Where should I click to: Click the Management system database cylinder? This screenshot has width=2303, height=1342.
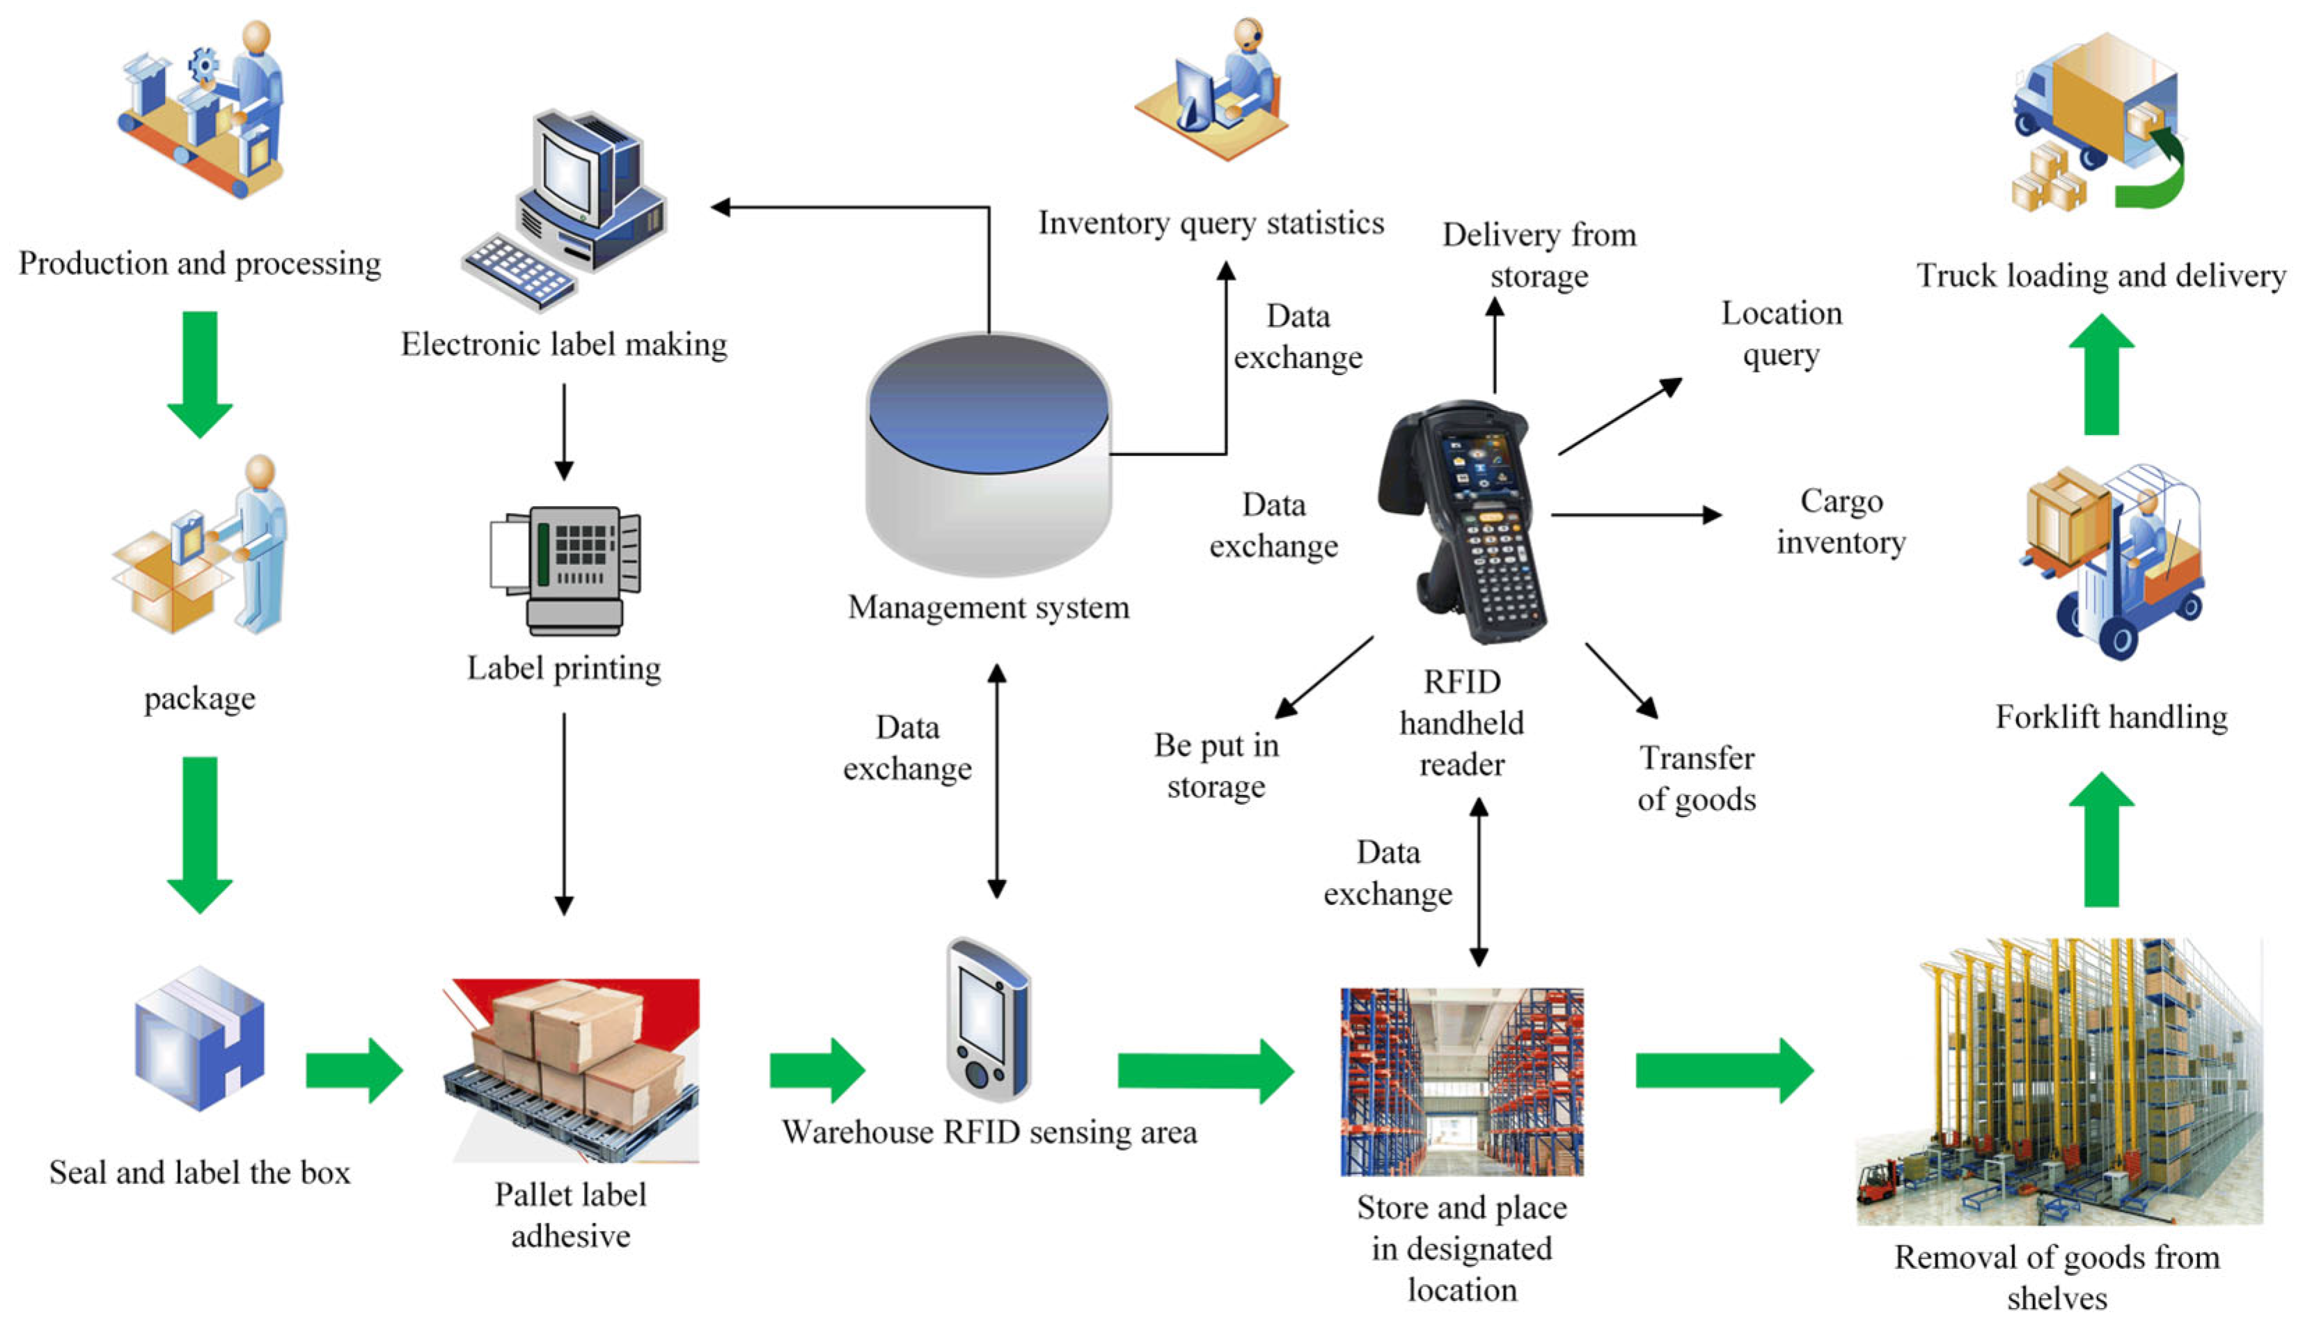989,454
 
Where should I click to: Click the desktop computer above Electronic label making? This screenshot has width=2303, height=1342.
564,210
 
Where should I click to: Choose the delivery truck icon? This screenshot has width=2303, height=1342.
2098,123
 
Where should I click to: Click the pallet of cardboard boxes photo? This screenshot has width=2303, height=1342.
571,1070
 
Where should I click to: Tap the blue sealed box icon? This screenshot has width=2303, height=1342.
199,1038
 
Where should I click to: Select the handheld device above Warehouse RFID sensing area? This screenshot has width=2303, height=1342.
987,1018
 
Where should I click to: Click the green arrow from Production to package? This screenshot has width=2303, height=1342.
199,374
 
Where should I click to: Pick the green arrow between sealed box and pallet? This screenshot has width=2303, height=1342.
354,1070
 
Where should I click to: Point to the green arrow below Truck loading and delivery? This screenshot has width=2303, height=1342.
2102,374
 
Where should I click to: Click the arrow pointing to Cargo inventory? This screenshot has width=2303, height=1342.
1636,515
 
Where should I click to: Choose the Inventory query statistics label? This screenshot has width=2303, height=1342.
1211,223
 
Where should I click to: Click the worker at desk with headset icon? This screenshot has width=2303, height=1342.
1212,90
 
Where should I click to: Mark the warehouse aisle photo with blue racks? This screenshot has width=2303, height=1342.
1462,1082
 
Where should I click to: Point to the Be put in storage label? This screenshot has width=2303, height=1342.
1216,766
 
